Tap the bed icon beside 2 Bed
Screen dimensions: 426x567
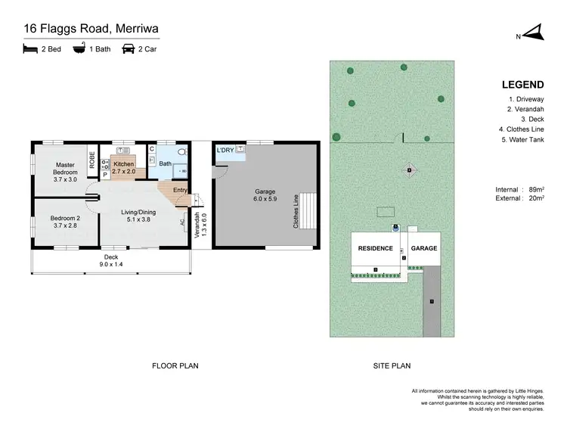pos(29,49)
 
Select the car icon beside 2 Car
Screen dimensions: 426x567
pos(128,49)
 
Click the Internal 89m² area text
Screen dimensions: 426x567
pos(518,189)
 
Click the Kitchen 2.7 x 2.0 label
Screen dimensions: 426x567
pos(123,168)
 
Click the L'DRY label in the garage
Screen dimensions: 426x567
pos(225,151)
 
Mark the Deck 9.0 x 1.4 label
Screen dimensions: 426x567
pos(112,260)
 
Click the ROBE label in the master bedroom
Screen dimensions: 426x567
pos(92,160)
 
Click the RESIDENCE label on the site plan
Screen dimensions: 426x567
pos(375,248)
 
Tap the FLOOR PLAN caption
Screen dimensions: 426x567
pos(175,365)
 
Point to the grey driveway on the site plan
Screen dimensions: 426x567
pos(432,303)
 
